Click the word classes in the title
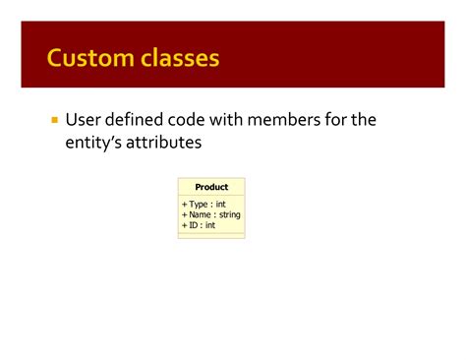(176, 59)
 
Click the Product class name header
(211, 187)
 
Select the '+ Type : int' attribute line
(204, 204)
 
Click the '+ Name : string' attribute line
(210, 214)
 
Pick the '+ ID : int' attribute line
(199, 225)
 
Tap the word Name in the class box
(201, 214)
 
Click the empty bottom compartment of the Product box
(211, 235)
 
